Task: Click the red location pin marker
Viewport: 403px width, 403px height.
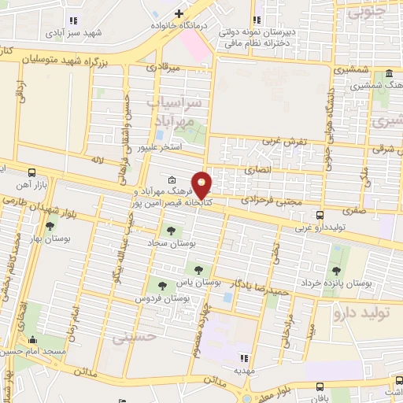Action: click(x=202, y=184)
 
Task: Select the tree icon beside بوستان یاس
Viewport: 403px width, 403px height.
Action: click(x=198, y=269)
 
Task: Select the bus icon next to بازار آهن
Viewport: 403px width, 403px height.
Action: click(x=31, y=172)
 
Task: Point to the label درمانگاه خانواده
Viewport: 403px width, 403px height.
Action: click(x=185, y=25)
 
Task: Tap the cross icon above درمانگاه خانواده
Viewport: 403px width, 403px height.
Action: click(x=179, y=13)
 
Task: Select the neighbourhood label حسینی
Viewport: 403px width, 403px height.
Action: click(x=131, y=338)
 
